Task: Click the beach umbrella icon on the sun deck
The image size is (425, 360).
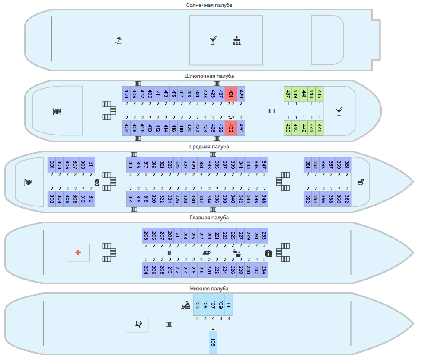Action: pos(119,40)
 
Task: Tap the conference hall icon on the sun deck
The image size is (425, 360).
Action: pos(236,40)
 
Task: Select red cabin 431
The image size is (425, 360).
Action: pos(231,94)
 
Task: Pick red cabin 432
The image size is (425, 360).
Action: pos(231,128)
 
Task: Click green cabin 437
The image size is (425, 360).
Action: pos(288,94)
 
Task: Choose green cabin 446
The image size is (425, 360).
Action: pos(320,128)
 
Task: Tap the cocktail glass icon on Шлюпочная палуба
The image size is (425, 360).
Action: pos(339,111)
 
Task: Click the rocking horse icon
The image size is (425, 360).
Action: pos(360,182)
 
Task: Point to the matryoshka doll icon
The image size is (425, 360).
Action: pos(97,182)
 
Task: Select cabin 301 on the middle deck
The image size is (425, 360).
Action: pos(51,165)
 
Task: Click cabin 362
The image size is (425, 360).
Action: pos(347,199)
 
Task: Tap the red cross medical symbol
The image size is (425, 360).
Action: pos(78,253)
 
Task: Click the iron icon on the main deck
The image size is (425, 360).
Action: pos(207,253)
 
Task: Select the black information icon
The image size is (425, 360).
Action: pos(268,253)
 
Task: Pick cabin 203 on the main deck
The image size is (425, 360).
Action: pos(146,235)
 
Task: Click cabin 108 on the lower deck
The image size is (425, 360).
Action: pos(213,343)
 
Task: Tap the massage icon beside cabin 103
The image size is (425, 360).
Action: pos(185,305)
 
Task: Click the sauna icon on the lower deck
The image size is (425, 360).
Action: pos(138,324)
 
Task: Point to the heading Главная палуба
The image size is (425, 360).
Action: pos(209,218)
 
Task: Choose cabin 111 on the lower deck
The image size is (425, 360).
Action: pos(229,305)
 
